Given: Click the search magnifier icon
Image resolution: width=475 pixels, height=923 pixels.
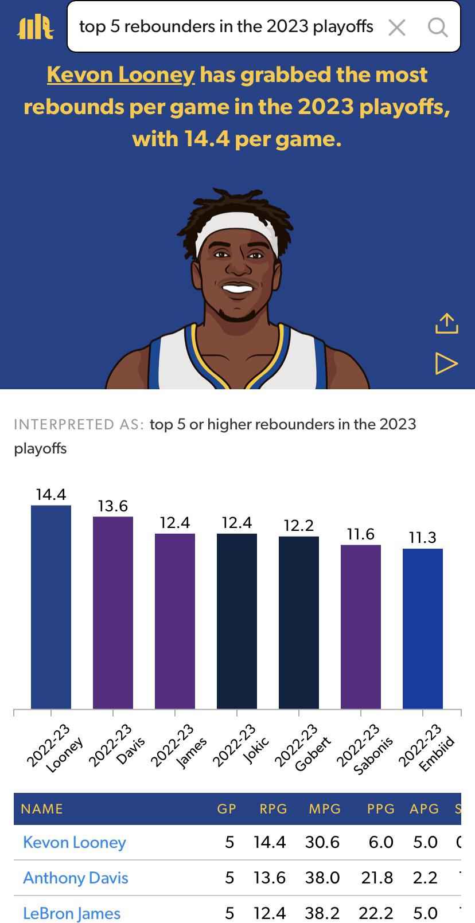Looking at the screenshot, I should click(438, 27).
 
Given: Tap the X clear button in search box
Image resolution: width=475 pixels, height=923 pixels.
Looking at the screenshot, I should click(397, 27).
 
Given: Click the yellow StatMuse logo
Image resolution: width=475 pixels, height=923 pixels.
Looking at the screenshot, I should click(36, 28).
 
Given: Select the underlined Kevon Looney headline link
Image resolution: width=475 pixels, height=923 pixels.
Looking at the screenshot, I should click(120, 75).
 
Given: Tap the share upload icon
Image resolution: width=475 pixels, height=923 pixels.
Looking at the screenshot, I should click(447, 323).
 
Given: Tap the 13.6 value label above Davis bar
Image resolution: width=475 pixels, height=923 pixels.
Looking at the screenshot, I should click(113, 506).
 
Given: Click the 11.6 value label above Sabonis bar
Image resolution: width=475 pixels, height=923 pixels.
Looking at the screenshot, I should click(361, 534).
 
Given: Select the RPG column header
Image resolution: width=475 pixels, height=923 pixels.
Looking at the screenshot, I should click(273, 809).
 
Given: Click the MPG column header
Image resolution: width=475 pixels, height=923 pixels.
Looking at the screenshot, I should click(325, 809).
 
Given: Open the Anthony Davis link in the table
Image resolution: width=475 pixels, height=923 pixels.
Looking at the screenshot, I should click(76, 878).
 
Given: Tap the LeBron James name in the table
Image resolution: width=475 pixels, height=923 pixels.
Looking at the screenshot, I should click(72, 913).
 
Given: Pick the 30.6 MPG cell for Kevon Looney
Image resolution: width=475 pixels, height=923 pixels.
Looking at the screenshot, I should click(322, 842).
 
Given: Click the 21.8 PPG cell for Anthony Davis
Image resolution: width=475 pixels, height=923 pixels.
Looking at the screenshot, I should click(377, 878).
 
